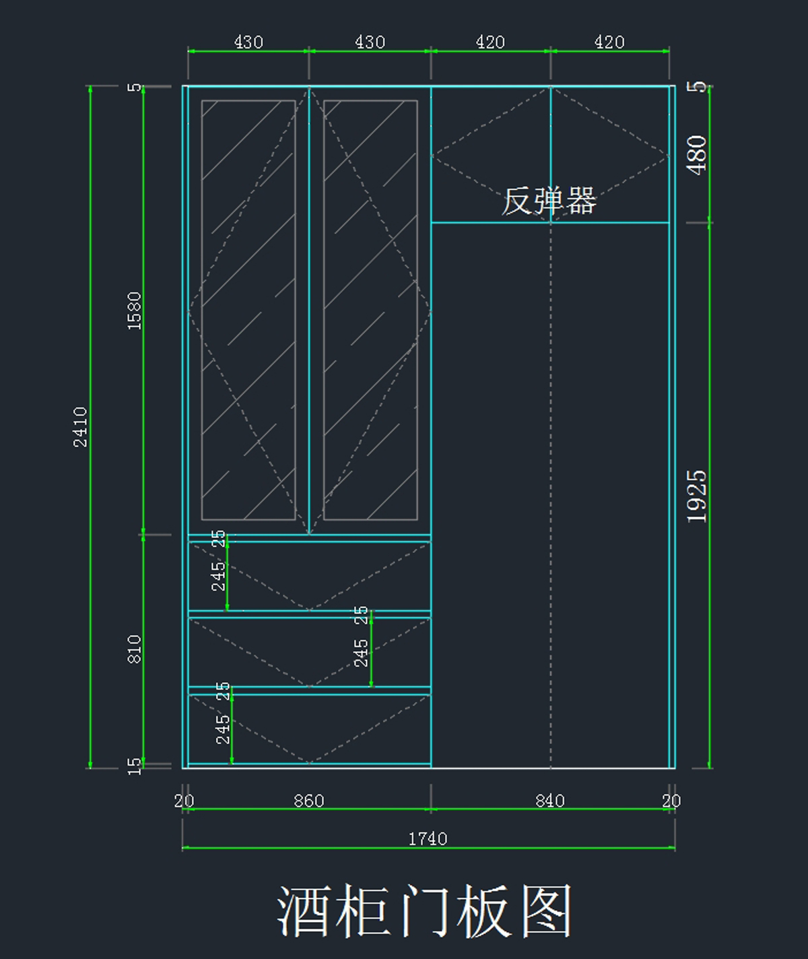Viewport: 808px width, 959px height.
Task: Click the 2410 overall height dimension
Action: pos(80,426)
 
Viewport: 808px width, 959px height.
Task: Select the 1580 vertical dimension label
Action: pos(135,310)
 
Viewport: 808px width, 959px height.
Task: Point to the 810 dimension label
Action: pos(135,649)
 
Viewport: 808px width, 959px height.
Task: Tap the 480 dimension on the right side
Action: pos(697,155)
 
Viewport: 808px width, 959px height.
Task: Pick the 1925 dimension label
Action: pos(697,496)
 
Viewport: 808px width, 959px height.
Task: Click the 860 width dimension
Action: pos(309,801)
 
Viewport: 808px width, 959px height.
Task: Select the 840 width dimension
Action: pos(550,801)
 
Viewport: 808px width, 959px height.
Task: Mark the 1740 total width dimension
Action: pos(428,838)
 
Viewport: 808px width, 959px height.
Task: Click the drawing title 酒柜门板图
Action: pos(425,911)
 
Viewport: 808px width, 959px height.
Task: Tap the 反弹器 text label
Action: pos(549,201)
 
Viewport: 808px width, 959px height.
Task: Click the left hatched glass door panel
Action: pos(248,310)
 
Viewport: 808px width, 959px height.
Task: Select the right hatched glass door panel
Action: pos(370,310)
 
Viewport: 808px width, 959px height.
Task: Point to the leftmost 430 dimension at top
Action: pos(248,42)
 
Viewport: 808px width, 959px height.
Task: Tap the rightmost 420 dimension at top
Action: pos(609,42)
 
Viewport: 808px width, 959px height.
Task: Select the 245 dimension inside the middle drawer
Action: pos(362,653)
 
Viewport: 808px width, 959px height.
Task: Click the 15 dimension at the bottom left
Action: pos(135,766)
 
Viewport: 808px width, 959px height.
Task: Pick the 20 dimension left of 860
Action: pos(184,801)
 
